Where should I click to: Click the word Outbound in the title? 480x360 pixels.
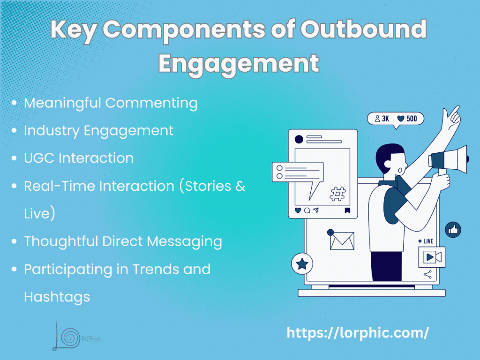[x=363, y=30]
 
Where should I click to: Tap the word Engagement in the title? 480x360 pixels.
[x=239, y=63]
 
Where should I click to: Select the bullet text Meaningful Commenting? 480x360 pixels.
[x=111, y=103]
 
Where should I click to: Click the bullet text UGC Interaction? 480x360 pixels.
[x=79, y=158]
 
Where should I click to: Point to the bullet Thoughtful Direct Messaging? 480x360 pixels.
[x=123, y=241]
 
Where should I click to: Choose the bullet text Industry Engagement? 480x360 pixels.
[x=98, y=130]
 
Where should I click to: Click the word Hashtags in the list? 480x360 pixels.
[x=57, y=297]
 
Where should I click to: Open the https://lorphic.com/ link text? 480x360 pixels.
[x=358, y=333]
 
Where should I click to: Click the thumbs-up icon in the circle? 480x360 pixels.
[x=453, y=230]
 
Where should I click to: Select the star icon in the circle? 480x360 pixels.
[x=302, y=264]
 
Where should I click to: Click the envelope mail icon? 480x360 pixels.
[x=342, y=240]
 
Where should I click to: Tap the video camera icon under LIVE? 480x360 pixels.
[x=431, y=257]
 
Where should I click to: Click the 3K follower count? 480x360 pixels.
[x=382, y=119]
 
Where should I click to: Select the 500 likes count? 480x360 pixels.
[x=407, y=119]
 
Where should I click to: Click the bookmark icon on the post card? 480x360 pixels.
[x=347, y=210]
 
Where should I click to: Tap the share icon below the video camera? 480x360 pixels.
[x=427, y=275]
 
